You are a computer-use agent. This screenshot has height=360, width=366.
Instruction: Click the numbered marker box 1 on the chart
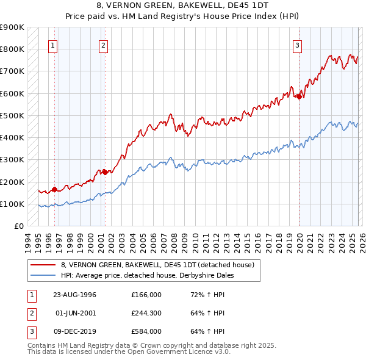pos(53,45)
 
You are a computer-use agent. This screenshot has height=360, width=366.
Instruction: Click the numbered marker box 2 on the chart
pos(104,45)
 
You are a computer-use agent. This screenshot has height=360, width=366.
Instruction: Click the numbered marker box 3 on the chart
pos(297,45)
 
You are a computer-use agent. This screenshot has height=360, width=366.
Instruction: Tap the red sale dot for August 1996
pos(54,189)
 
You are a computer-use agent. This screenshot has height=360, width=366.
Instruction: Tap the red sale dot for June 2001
pos(105,172)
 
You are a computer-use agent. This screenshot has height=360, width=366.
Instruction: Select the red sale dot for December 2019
pos(300,96)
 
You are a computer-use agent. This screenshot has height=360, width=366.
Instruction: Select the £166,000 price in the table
pos(146,295)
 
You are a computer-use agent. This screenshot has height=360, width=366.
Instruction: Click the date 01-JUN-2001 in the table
pos(75,313)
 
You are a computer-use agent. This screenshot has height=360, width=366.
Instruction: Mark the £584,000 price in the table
pos(146,331)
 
